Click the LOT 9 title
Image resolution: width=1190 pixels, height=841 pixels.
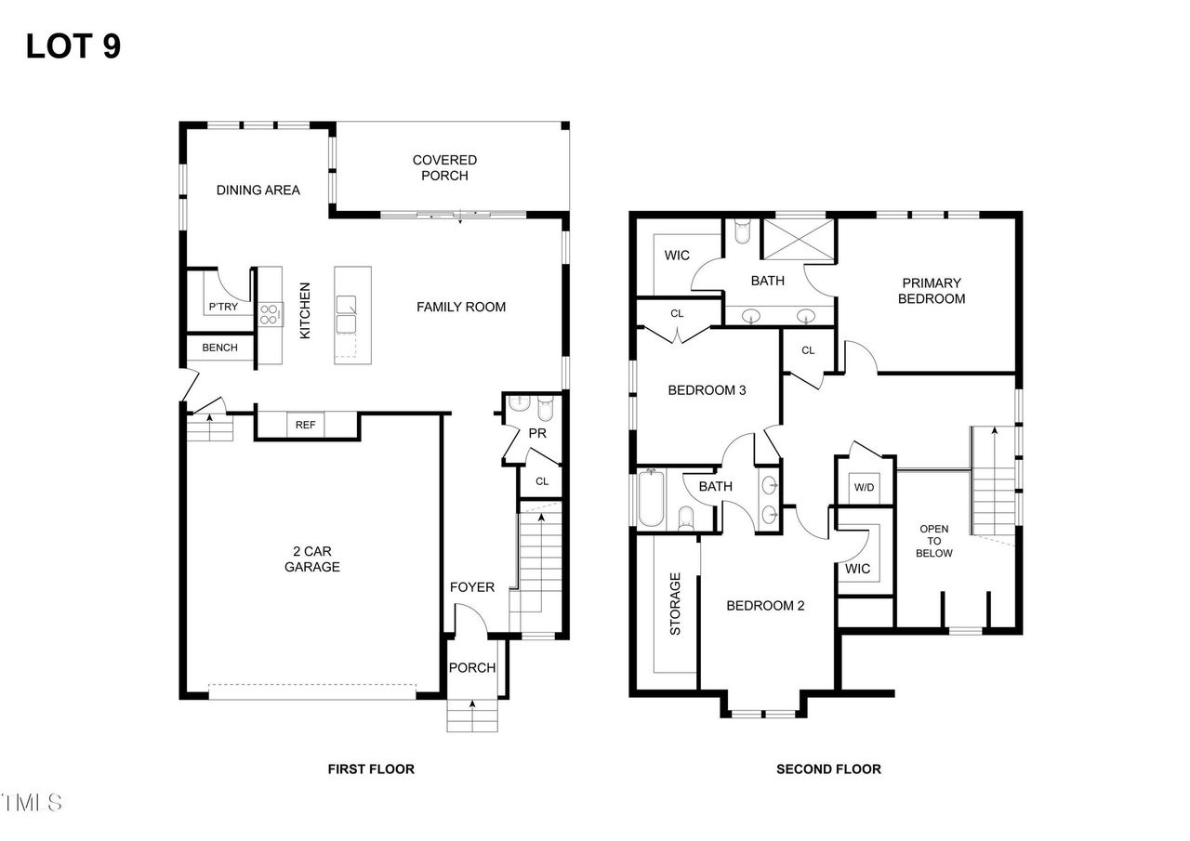[x=73, y=46]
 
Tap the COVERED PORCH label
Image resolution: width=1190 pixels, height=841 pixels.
[x=444, y=168]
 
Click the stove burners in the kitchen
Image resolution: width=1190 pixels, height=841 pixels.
[x=271, y=314]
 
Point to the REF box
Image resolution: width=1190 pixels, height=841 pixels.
[x=305, y=425]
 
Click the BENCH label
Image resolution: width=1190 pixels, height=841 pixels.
[x=220, y=348]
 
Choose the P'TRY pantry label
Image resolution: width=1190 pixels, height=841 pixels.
[x=222, y=308]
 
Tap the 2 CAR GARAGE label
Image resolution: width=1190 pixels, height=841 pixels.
[x=311, y=559]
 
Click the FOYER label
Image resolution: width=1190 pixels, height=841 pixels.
[x=471, y=587]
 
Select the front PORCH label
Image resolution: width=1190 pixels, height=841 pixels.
[x=472, y=667]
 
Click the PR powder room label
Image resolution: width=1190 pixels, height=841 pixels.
[x=536, y=433]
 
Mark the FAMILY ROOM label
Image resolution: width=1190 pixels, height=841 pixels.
[x=460, y=307]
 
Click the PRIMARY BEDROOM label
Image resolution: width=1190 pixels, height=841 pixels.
[x=931, y=291]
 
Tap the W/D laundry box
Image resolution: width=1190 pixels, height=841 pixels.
[x=864, y=487]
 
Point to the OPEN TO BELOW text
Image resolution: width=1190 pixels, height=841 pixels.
[x=933, y=541]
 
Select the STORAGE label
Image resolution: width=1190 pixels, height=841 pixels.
[x=675, y=603]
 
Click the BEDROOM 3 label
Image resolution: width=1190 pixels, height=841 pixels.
[x=707, y=390]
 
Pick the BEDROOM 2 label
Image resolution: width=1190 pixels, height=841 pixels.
[x=764, y=606]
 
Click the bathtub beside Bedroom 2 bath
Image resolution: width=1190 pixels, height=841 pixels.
[x=649, y=498]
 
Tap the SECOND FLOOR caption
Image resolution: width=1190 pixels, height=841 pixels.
[x=828, y=769]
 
